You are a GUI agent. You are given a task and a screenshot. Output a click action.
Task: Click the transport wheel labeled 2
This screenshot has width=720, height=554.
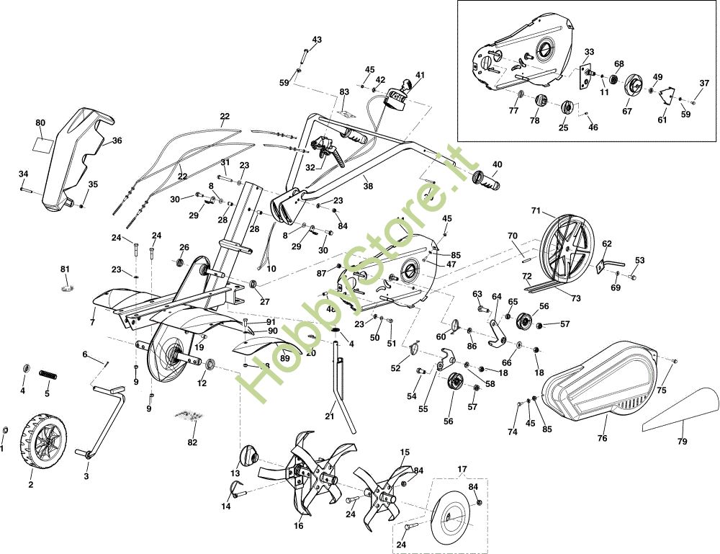click(x=47, y=437)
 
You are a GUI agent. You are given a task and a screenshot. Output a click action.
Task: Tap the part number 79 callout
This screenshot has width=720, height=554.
click(x=682, y=441)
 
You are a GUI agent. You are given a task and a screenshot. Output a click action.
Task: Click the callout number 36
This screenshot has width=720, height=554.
click(x=117, y=141)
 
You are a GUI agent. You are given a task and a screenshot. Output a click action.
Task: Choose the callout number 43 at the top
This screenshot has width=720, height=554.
click(x=317, y=40)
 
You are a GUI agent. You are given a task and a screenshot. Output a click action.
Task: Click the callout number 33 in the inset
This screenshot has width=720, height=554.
click(x=589, y=52)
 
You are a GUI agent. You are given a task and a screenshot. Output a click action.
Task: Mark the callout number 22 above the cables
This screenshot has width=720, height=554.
click(x=225, y=116)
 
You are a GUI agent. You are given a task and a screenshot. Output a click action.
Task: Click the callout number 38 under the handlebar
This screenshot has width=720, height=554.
click(x=368, y=186)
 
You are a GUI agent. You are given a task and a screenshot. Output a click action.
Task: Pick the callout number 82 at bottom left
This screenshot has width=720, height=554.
click(x=192, y=442)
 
